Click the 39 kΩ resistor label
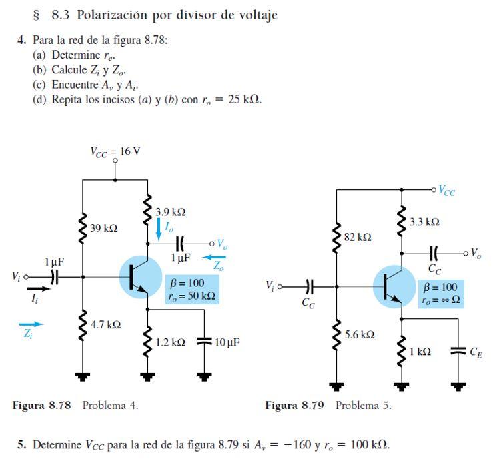click(104, 228)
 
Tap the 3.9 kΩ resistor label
click(170, 212)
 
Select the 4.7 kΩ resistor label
click(105, 324)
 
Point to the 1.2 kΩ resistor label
click(170, 342)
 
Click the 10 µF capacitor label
click(227, 342)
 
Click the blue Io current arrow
click(159, 228)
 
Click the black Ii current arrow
click(38, 289)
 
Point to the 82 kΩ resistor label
click(357, 237)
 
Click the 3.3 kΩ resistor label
click(424, 221)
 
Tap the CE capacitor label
click(476, 353)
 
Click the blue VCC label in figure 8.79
click(446, 191)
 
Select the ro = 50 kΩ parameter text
click(193, 295)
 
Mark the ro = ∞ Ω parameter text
click(440, 300)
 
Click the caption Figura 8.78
click(41, 405)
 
